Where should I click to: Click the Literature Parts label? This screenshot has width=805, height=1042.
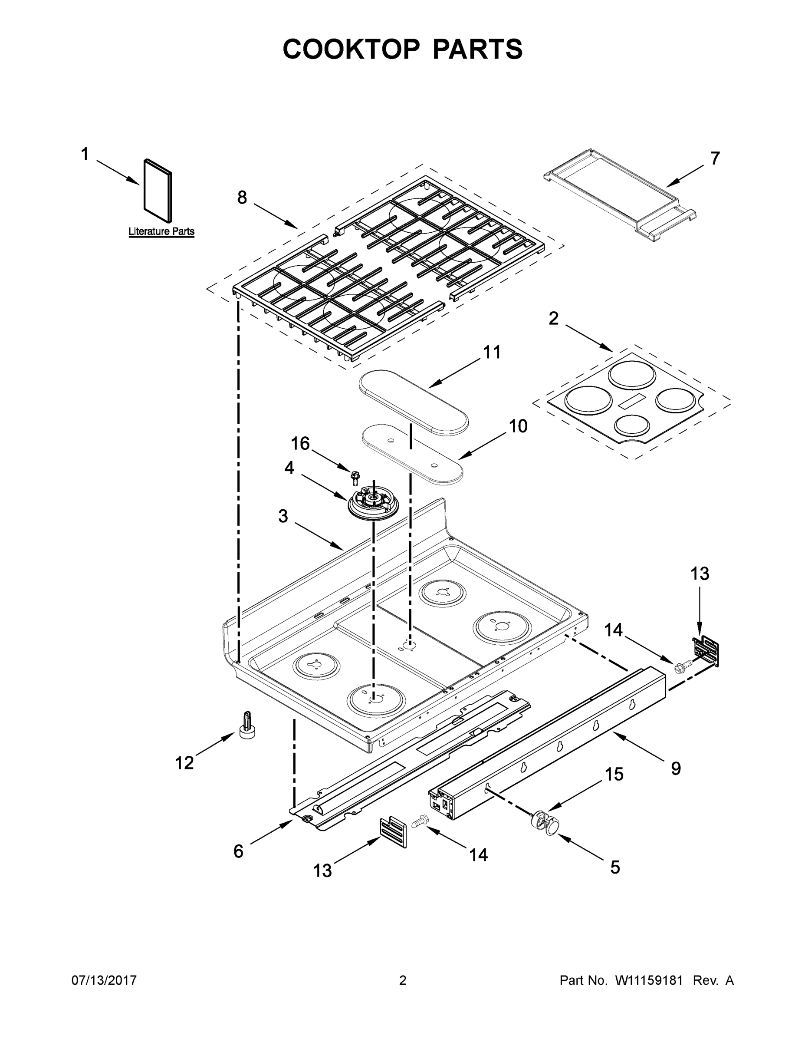click(161, 231)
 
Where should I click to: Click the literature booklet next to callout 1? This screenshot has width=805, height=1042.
click(158, 191)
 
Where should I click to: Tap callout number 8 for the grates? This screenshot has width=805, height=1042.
click(242, 198)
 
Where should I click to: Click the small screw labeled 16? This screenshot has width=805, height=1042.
click(355, 476)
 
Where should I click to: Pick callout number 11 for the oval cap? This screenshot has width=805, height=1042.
click(492, 353)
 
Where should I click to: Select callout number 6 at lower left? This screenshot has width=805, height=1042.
click(238, 851)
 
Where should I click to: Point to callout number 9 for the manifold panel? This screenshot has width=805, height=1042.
click(675, 768)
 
